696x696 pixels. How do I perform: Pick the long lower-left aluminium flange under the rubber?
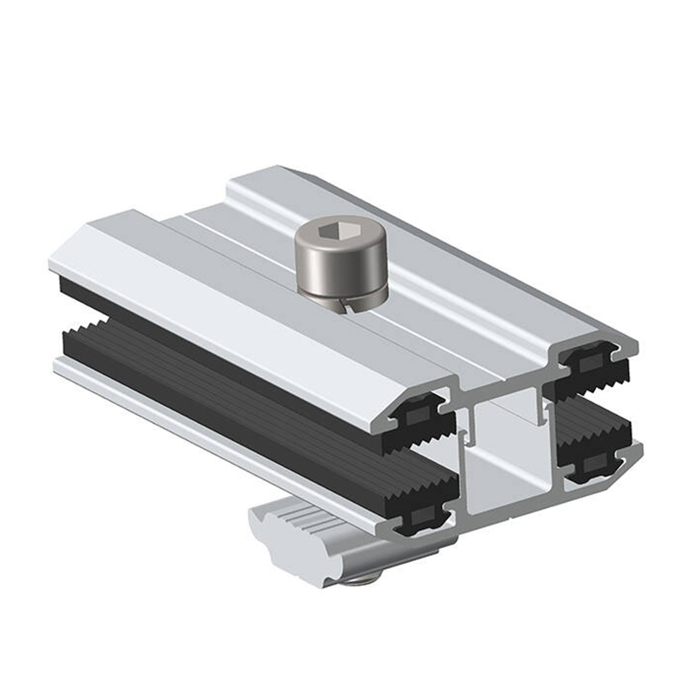[x=217, y=435]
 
